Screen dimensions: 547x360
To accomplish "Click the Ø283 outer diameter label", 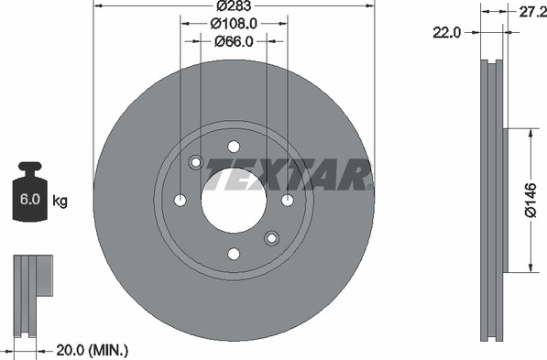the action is [x=234, y=5].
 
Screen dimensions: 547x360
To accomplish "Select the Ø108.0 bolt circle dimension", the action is [x=234, y=24].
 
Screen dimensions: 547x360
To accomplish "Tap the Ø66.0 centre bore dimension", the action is [x=234, y=41].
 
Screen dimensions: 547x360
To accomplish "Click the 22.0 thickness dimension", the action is [x=447, y=33].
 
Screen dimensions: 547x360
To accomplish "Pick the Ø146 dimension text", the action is [x=531, y=200].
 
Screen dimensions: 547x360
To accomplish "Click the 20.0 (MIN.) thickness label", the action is [x=93, y=350].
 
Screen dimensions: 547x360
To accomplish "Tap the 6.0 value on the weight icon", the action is [x=30, y=200].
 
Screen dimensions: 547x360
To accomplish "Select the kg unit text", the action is [x=60, y=201].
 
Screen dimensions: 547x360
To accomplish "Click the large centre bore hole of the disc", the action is [x=234, y=201].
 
